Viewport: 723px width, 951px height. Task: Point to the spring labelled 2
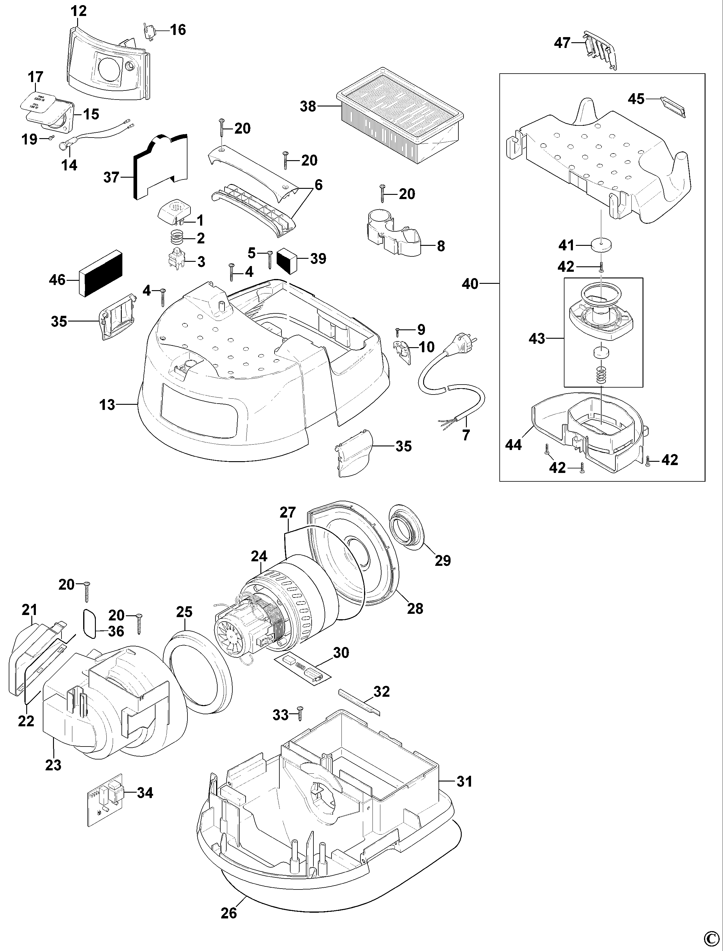(176, 237)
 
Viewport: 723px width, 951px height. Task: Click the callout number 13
(107, 404)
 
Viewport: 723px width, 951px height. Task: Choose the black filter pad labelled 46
(101, 274)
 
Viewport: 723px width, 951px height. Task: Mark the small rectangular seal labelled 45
(673, 106)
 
